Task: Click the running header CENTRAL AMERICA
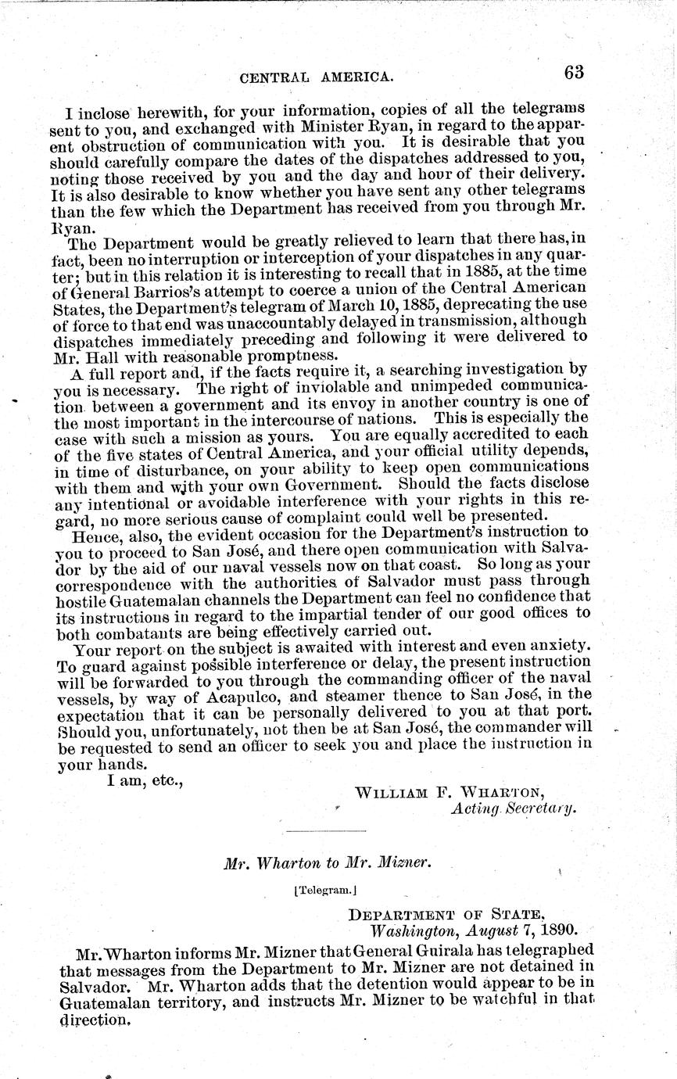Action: click(316, 77)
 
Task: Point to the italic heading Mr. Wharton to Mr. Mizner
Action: click(327, 864)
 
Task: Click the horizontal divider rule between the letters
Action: click(326, 830)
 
